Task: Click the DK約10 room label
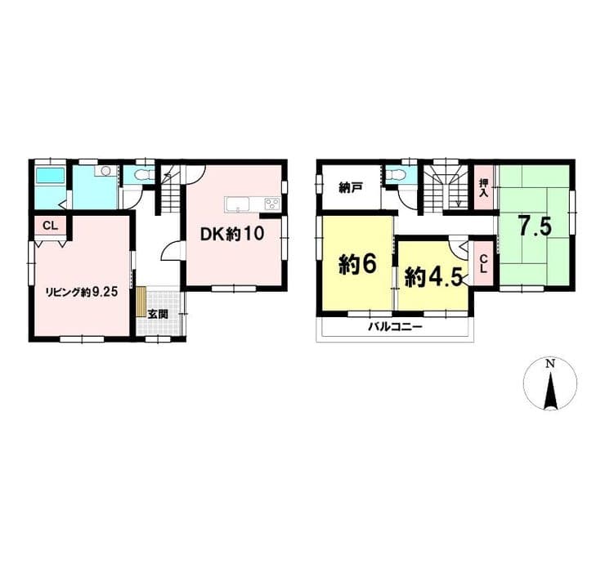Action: (x=232, y=234)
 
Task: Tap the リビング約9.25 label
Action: (x=82, y=292)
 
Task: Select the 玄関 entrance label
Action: (x=158, y=314)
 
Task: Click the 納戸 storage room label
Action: (x=351, y=188)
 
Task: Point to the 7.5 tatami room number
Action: (x=535, y=226)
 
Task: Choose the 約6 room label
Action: (x=357, y=265)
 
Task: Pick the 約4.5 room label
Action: (x=433, y=277)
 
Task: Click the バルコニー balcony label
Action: (x=395, y=328)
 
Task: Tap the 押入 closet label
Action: (x=483, y=188)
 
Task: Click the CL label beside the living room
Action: (x=50, y=226)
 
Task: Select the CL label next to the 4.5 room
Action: (x=483, y=264)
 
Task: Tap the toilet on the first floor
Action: (x=141, y=177)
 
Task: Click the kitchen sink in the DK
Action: (x=238, y=204)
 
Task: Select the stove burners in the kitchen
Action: (x=271, y=204)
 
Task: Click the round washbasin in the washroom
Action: (x=106, y=172)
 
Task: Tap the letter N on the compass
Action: (x=550, y=363)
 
